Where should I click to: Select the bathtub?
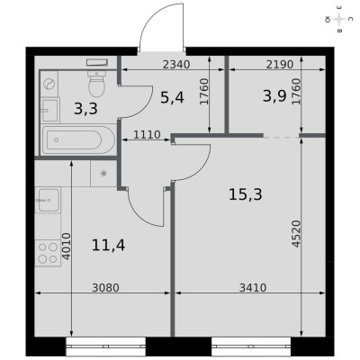tap(78, 139)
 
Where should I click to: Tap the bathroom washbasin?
tap(49, 110)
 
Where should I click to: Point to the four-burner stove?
tap(48, 253)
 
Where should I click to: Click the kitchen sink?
tap(48, 200)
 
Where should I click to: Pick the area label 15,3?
tap(246, 194)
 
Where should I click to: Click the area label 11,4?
tap(108, 246)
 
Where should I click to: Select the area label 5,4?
tap(172, 97)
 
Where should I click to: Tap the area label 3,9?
tap(274, 96)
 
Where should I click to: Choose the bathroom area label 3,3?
tap(85, 109)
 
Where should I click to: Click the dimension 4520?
tap(296, 234)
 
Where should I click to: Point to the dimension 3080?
tap(105, 288)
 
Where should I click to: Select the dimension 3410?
tap(253, 288)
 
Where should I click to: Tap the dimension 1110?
tap(147, 135)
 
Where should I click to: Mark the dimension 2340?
tap(176, 65)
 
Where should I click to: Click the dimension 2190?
tap(280, 65)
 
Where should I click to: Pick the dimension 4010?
tap(66, 246)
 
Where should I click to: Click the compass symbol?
tap(339, 20)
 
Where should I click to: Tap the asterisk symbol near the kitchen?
tap(103, 174)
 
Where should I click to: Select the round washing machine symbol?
tap(48, 84)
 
